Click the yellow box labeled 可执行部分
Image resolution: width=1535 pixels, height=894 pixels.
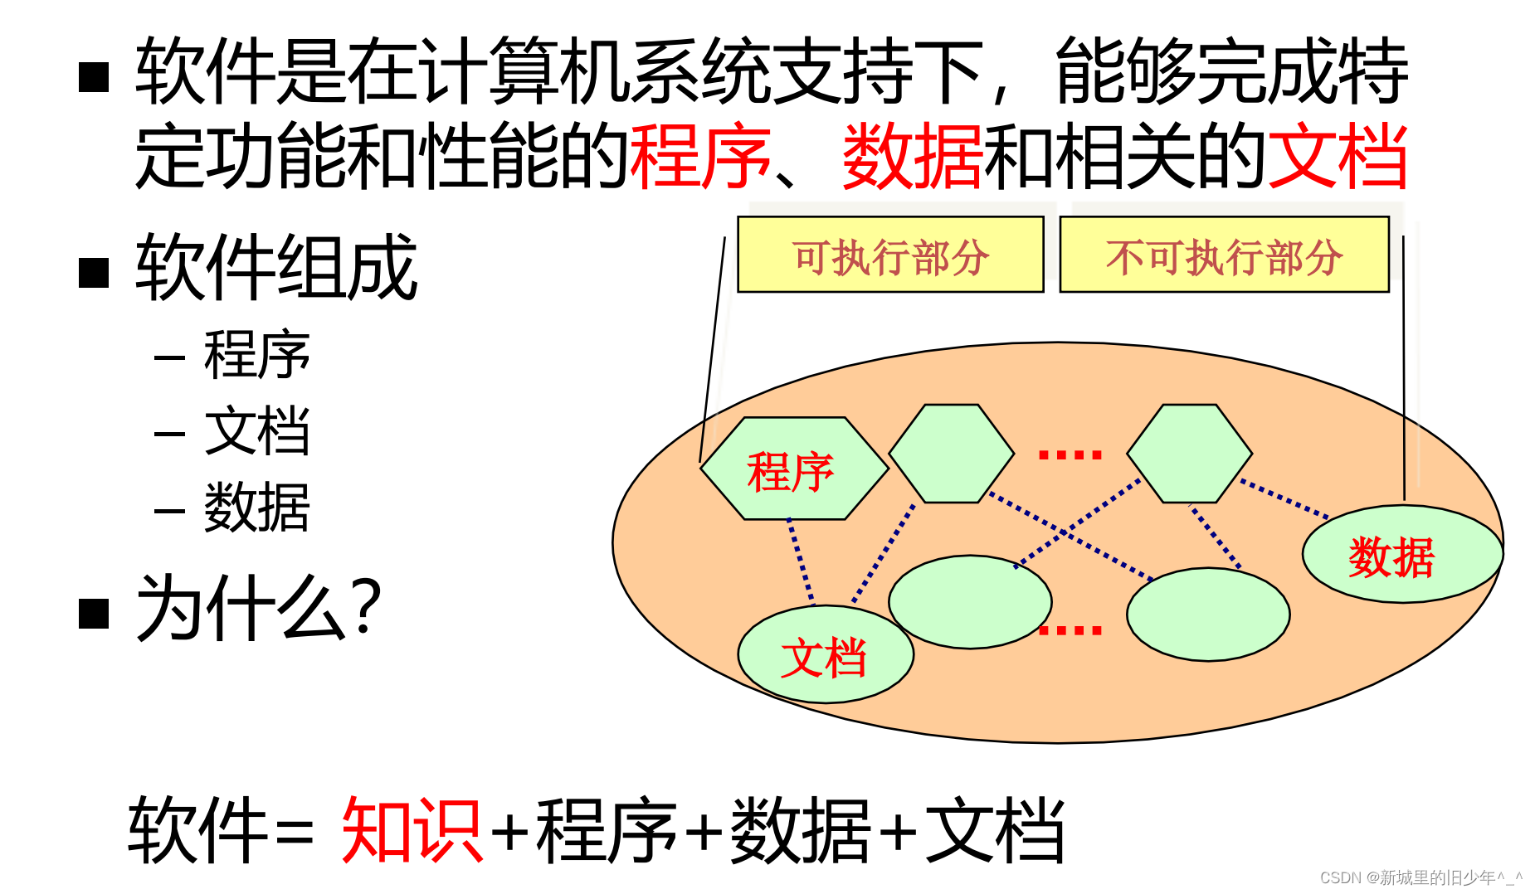889,255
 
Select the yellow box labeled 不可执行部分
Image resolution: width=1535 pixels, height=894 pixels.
1224,255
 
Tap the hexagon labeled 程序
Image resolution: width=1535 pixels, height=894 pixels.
792,469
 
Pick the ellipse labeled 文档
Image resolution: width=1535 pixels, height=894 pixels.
825,656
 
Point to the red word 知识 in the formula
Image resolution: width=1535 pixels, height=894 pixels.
412,829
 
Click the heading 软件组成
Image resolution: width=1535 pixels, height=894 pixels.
276,267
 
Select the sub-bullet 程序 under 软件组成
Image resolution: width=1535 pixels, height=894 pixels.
256,355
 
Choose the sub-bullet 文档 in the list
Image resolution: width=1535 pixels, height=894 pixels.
256,431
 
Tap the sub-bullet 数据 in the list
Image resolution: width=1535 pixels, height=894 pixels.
256,508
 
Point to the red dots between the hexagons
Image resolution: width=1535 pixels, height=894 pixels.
1070,454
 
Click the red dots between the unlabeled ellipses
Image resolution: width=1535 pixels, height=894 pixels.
1070,630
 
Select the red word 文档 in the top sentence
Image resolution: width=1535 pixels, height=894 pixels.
1337,155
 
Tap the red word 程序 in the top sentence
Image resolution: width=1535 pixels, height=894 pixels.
700,155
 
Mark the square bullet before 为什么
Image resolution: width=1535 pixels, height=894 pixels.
94,614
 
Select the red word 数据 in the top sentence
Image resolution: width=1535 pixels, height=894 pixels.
912,155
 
